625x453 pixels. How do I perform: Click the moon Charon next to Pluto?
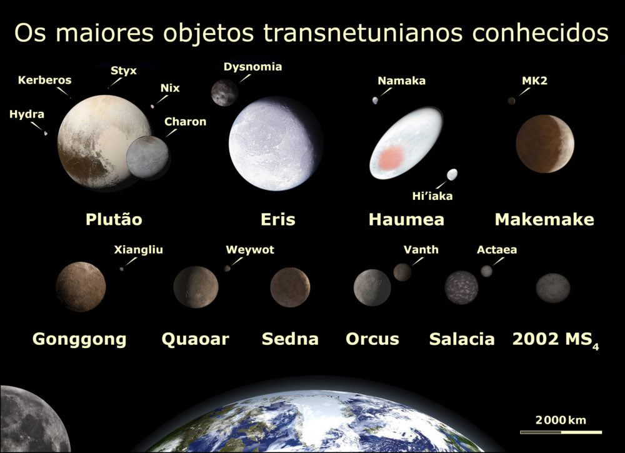coord(147,157)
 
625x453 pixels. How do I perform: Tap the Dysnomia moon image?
coord(224,93)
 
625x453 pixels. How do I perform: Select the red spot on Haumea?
coord(391,157)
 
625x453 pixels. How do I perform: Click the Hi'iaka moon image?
coord(452,174)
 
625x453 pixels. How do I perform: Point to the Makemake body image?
coord(545,144)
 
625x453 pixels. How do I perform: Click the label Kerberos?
coord(44,80)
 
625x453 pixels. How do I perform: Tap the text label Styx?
coord(124,71)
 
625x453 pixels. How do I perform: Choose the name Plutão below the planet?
coord(114,219)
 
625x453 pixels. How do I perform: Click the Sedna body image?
coord(290,287)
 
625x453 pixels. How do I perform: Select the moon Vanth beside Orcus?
coord(402,272)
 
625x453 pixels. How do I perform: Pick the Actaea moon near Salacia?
coord(486,271)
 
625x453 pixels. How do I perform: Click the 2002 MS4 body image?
coord(553,287)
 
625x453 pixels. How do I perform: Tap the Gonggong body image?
coord(81,287)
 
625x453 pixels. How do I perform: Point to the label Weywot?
coord(250,250)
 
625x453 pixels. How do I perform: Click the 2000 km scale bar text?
coord(561,420)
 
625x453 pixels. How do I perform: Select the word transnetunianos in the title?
coord(362,32)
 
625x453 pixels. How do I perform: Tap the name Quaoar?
coord(195,339)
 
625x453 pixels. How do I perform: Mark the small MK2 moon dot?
coord(511,101)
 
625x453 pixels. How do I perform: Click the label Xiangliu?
coord(138,250)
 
